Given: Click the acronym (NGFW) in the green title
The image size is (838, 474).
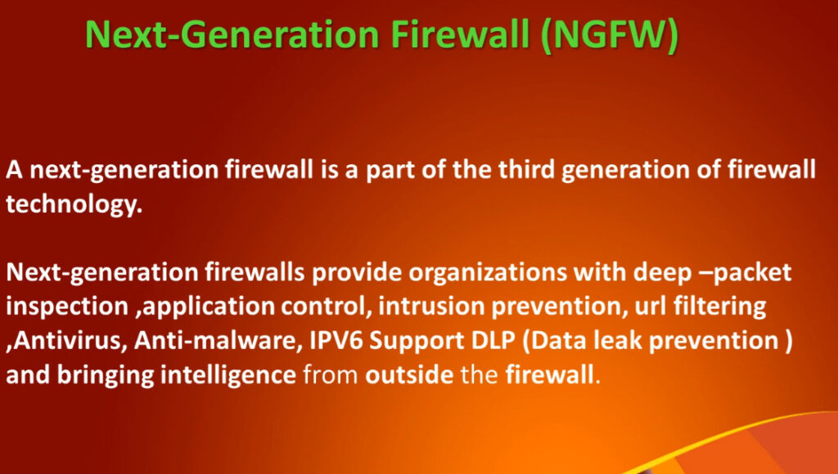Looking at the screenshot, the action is [x=610, y=35].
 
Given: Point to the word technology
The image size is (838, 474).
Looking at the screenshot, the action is [x=74, y=204].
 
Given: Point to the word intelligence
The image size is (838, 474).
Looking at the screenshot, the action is [x=228, y=375].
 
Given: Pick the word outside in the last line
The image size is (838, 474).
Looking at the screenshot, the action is [x=409, y=375].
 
